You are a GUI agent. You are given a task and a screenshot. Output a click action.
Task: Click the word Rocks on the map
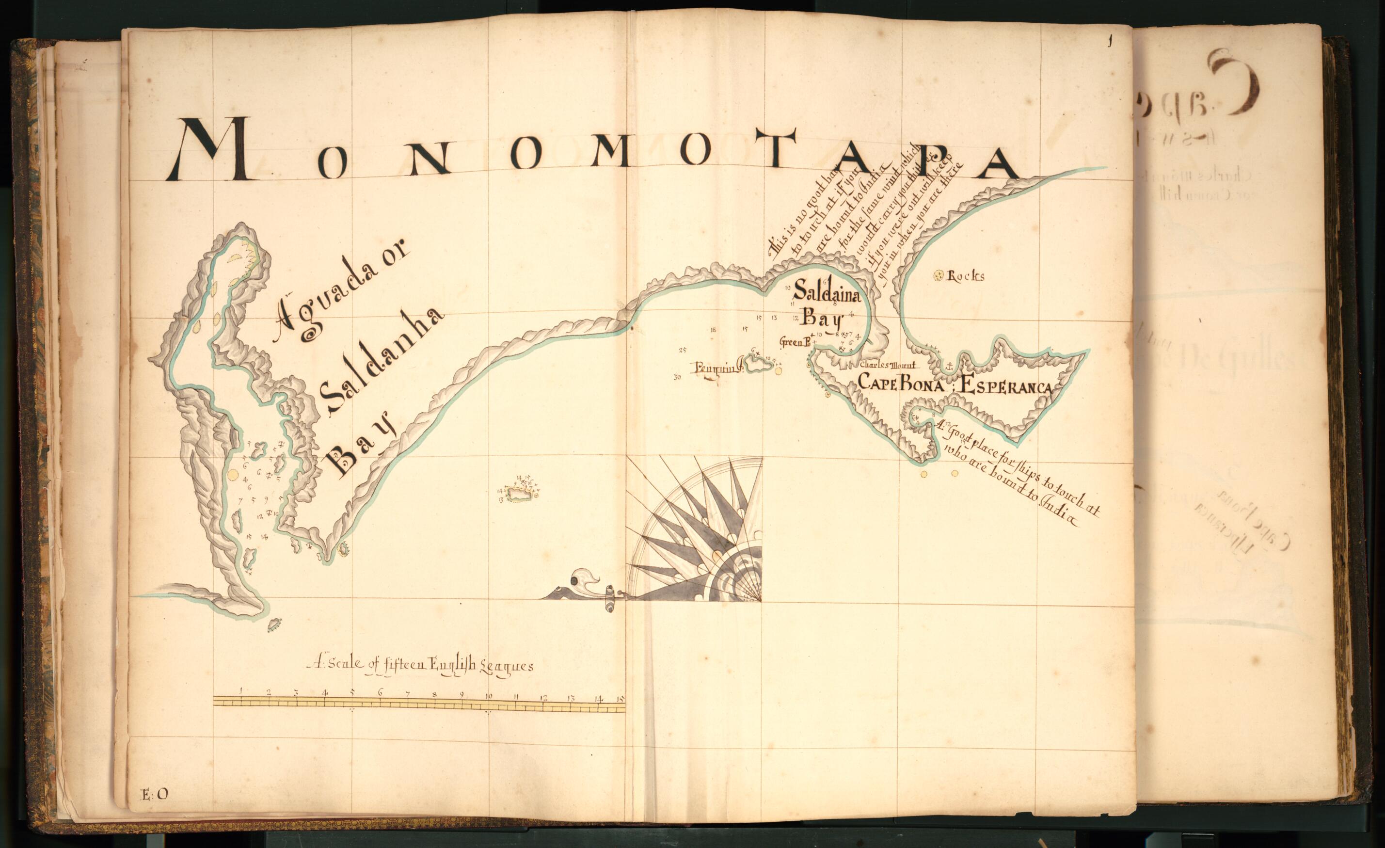(x=966, y=276)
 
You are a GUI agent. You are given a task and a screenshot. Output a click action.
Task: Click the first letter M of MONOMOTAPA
(x=214, y=154)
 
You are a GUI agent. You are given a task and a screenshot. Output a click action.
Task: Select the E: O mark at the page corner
(x=154, y=794)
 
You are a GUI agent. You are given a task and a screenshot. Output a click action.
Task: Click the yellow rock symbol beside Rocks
(x=938, y=275)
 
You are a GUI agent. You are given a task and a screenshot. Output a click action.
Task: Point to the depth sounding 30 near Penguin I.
(x=677, y=377)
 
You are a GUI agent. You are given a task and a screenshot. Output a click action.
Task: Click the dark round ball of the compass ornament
(x=574, y=580)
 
